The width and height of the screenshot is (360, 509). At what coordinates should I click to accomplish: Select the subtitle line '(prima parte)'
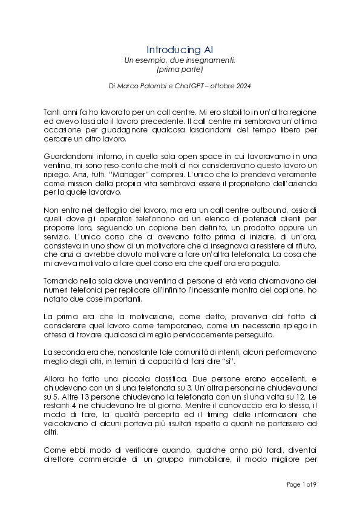(180, 70)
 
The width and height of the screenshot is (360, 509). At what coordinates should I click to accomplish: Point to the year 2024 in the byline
(241, 86)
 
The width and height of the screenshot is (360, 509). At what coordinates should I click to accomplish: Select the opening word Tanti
(54, 113)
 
